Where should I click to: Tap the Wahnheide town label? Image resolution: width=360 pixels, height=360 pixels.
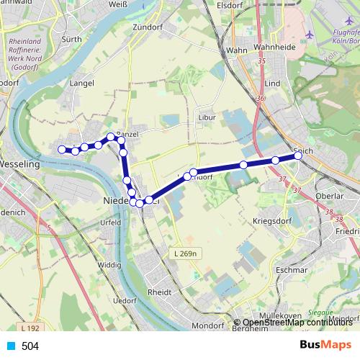click(271, 50)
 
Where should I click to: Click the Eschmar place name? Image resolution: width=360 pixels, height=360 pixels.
click(292, 270)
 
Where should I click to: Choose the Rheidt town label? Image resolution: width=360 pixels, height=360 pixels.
click(159, 293)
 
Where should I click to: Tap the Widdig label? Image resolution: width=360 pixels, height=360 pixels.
click(109, 265)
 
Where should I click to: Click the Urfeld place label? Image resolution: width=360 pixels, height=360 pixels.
click(110, 222)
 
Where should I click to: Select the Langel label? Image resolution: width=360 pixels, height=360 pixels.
click(83, 84)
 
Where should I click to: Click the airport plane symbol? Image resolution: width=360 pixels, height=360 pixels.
click(310, 34)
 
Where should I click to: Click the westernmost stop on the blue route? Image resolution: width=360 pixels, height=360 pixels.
click(62, 149)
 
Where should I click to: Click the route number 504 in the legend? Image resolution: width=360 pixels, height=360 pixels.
click(30, 346)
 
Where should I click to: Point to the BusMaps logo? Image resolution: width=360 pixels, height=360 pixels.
click(325, 345)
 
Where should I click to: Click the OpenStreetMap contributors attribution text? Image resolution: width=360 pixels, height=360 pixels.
click(296, 323)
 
